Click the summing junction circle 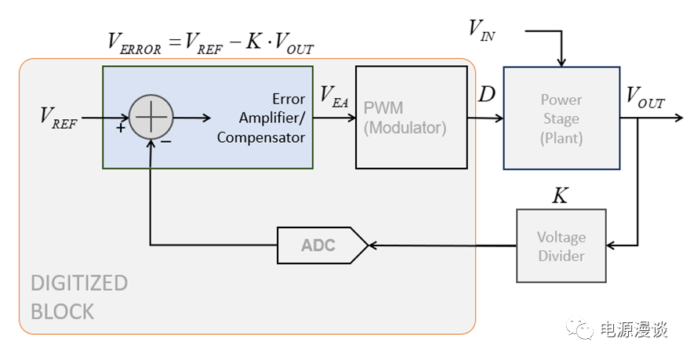coord(150,118)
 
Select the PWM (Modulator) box coord(405,118)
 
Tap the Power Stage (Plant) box coord(561,118)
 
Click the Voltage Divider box coord(561,245)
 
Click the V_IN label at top coord(481,29)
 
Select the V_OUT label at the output coord(645,97)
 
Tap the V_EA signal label coord(335,96)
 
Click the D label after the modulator coord(486,95)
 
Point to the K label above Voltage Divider coord(560,195)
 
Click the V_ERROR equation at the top coord(210,43)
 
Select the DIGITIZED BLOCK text coord(78,296)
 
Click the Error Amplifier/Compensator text coord(261,118)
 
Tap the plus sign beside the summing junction coord(121,128)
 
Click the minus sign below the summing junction coord(166,142)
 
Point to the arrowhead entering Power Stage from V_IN coord(561,61)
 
